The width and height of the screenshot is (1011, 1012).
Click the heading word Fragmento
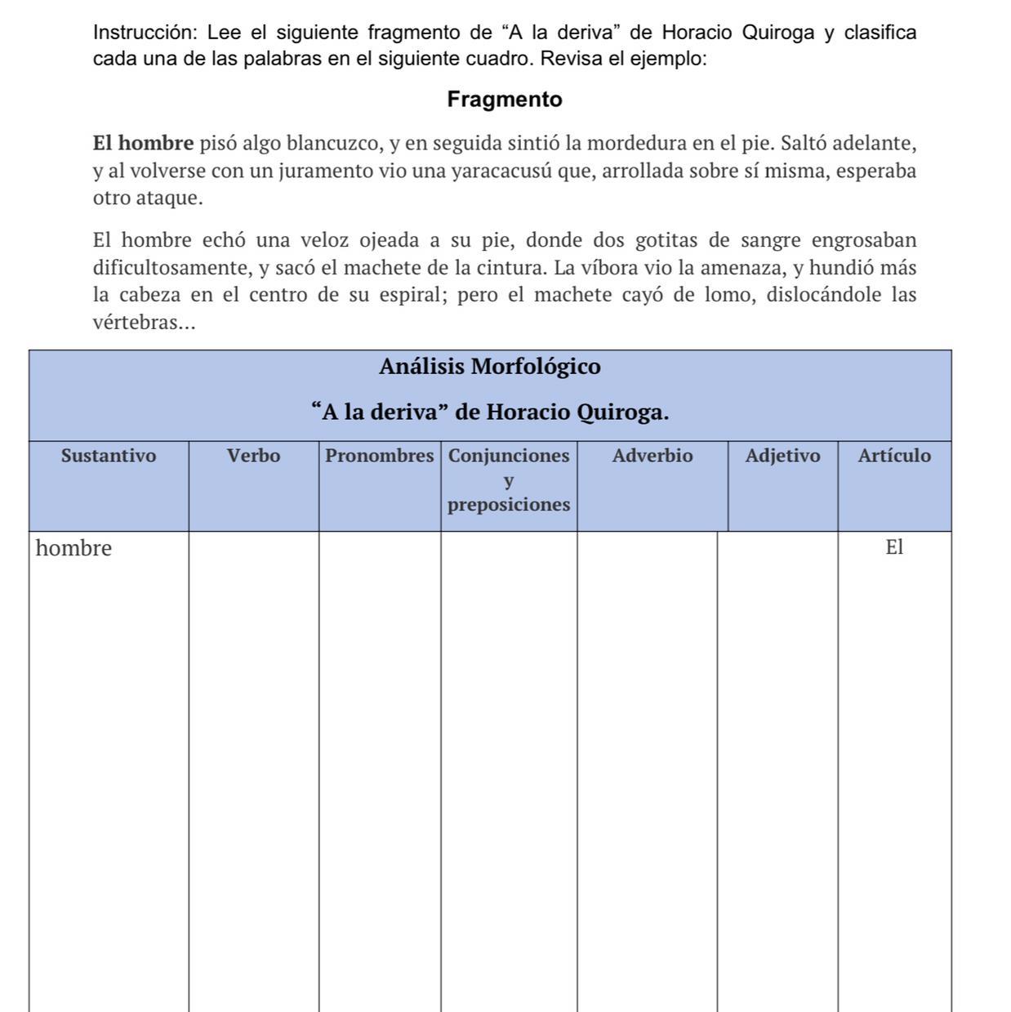(505, 100)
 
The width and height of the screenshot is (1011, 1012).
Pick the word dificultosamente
(171, 268)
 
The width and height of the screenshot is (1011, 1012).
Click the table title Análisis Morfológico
(489, 367)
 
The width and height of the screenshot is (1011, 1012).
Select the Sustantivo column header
(109, 456)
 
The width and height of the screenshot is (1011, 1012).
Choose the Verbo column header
(253, 456)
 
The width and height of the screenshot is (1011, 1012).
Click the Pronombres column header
(379, 456)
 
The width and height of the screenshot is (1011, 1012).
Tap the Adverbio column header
(652, 456)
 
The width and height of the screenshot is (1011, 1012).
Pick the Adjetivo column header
(782, 456)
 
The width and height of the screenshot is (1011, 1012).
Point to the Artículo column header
(893, 456)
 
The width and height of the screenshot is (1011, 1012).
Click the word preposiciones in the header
(508, 505)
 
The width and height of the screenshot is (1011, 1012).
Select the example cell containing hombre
(73, 548)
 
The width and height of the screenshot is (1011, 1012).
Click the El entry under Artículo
(894, 547)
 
